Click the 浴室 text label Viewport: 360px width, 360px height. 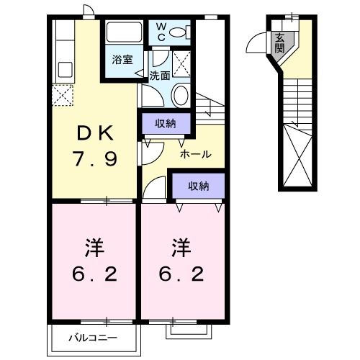(x=122, y=60)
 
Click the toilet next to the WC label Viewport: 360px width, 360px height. (x=184, y=31)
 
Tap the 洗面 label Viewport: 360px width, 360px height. (x=160, y=74)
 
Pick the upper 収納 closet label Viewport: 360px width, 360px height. (x=166, y=124)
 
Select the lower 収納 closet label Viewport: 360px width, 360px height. (x=198, y=186)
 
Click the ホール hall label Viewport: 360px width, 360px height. (x=195, y=154)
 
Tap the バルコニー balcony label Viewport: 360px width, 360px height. (x=93, y=336)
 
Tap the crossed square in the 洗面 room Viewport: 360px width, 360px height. (x=182, y=63)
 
